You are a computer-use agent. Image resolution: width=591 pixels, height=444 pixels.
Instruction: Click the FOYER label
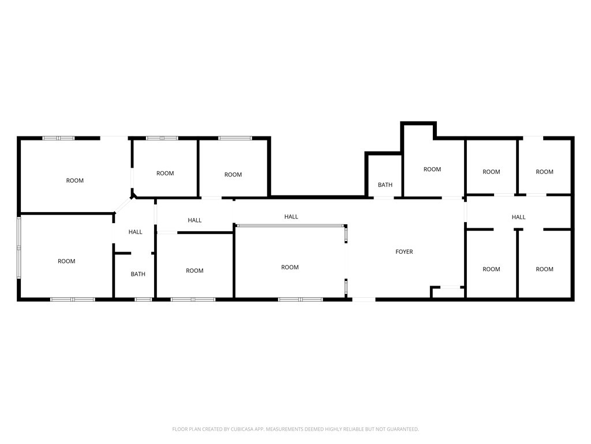(x=404, y=252)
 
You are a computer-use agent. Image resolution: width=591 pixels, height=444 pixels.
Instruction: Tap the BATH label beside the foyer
(x=385, y=185)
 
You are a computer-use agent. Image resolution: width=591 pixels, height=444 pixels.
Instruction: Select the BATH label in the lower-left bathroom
(x=138, y=274)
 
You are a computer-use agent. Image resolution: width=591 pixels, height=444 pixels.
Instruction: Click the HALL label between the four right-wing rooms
(x=518, y=217)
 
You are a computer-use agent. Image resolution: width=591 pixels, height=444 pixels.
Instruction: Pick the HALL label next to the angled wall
(x=135, y=232)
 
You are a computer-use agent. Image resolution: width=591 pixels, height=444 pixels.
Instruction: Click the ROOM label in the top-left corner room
(x=74, y=180)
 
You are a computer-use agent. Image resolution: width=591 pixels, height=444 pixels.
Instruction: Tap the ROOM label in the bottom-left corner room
(x=66, y=261)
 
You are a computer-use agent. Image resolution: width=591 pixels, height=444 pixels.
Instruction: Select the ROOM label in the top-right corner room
(x=544, y=172)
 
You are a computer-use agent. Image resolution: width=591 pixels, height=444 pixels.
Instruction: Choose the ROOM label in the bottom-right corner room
(x=544, y=269)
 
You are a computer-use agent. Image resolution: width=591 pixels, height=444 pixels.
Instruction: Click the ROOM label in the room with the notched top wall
(x=432, y=169)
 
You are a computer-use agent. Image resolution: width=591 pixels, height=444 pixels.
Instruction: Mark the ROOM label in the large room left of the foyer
(x=290, y=267)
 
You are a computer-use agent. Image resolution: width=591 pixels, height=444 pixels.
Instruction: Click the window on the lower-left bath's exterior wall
(x=143, y=299)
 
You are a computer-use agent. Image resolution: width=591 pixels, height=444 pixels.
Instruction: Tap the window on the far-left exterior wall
(x=19, y=247)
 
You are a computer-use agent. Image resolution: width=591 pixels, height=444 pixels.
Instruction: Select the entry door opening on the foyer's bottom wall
(x=364, y=299)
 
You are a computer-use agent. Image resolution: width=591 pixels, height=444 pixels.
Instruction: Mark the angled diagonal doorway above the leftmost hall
(x=123, y=205)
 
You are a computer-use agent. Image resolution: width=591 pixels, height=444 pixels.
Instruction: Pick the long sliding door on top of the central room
(x=291, y=225)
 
